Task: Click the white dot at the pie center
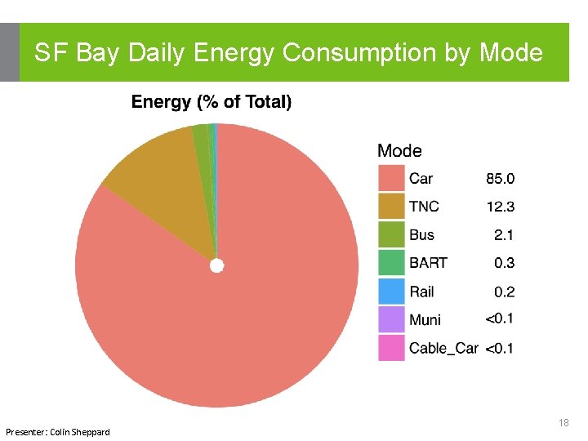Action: [x=216, y=265]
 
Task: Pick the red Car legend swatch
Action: [x=391, y=179]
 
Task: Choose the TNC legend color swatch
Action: [x=391, y=207]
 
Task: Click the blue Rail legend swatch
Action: [x=391, y=292]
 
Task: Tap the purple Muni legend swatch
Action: [x=391, y=319]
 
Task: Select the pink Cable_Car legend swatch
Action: [x=391, y=348]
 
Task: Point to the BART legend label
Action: [x=428, y=263]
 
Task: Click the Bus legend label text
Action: [x=421, y=235]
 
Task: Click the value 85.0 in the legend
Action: [x=500, y=179]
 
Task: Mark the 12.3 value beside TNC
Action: [x=500, y=207]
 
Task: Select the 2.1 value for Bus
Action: [x=504, y=235]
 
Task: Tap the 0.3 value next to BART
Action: [x=504, y=263]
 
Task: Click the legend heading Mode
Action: [x=399, y=151]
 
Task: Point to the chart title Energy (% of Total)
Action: [x=212, y=102]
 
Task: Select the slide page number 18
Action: [x=563, y=422]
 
